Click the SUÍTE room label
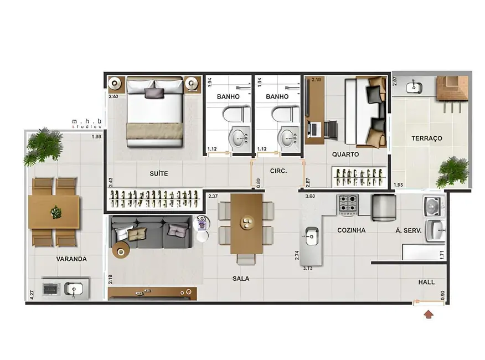point(158,173)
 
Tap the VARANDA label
point(71,259)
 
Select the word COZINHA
point(352,230)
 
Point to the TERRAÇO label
point(426,138)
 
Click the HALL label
point(426,282)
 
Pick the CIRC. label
point(278,171)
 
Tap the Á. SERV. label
point(409,230)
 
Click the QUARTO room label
point(345,155)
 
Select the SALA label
point(241,279)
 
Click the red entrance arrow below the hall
point(429,315)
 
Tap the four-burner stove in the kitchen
point(348,205)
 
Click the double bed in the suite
point(154,111)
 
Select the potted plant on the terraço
point(452,171)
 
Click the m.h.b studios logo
point(86,122)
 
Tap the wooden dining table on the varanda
point(55,212)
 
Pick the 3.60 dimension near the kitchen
point(311,196)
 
